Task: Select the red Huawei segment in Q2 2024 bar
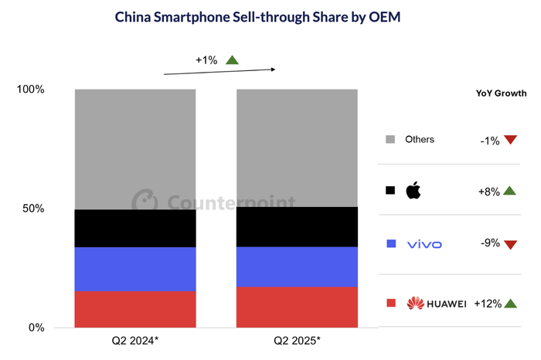[x=135, y=309]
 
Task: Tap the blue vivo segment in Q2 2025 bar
[x=297, y=267]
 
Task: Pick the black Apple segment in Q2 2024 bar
[x=135, y=229]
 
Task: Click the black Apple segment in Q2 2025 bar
[x=297, y=226]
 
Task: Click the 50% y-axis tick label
[x=33, y=209]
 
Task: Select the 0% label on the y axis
[x=36, y=328]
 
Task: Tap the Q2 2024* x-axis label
[x=135, y=341]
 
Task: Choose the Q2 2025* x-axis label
[x=297, y=341]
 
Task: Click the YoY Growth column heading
[x=501, y=92]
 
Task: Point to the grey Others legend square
[x=390, y=140]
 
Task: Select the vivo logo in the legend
[x=424, y=244]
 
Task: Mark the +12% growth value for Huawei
[x=486, y=303]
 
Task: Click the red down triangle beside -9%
[x=509, y=245]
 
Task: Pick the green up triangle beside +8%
[x=509, y=190]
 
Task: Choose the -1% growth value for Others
[x=488, y=140]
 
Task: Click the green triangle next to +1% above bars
[x=232, y=59]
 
